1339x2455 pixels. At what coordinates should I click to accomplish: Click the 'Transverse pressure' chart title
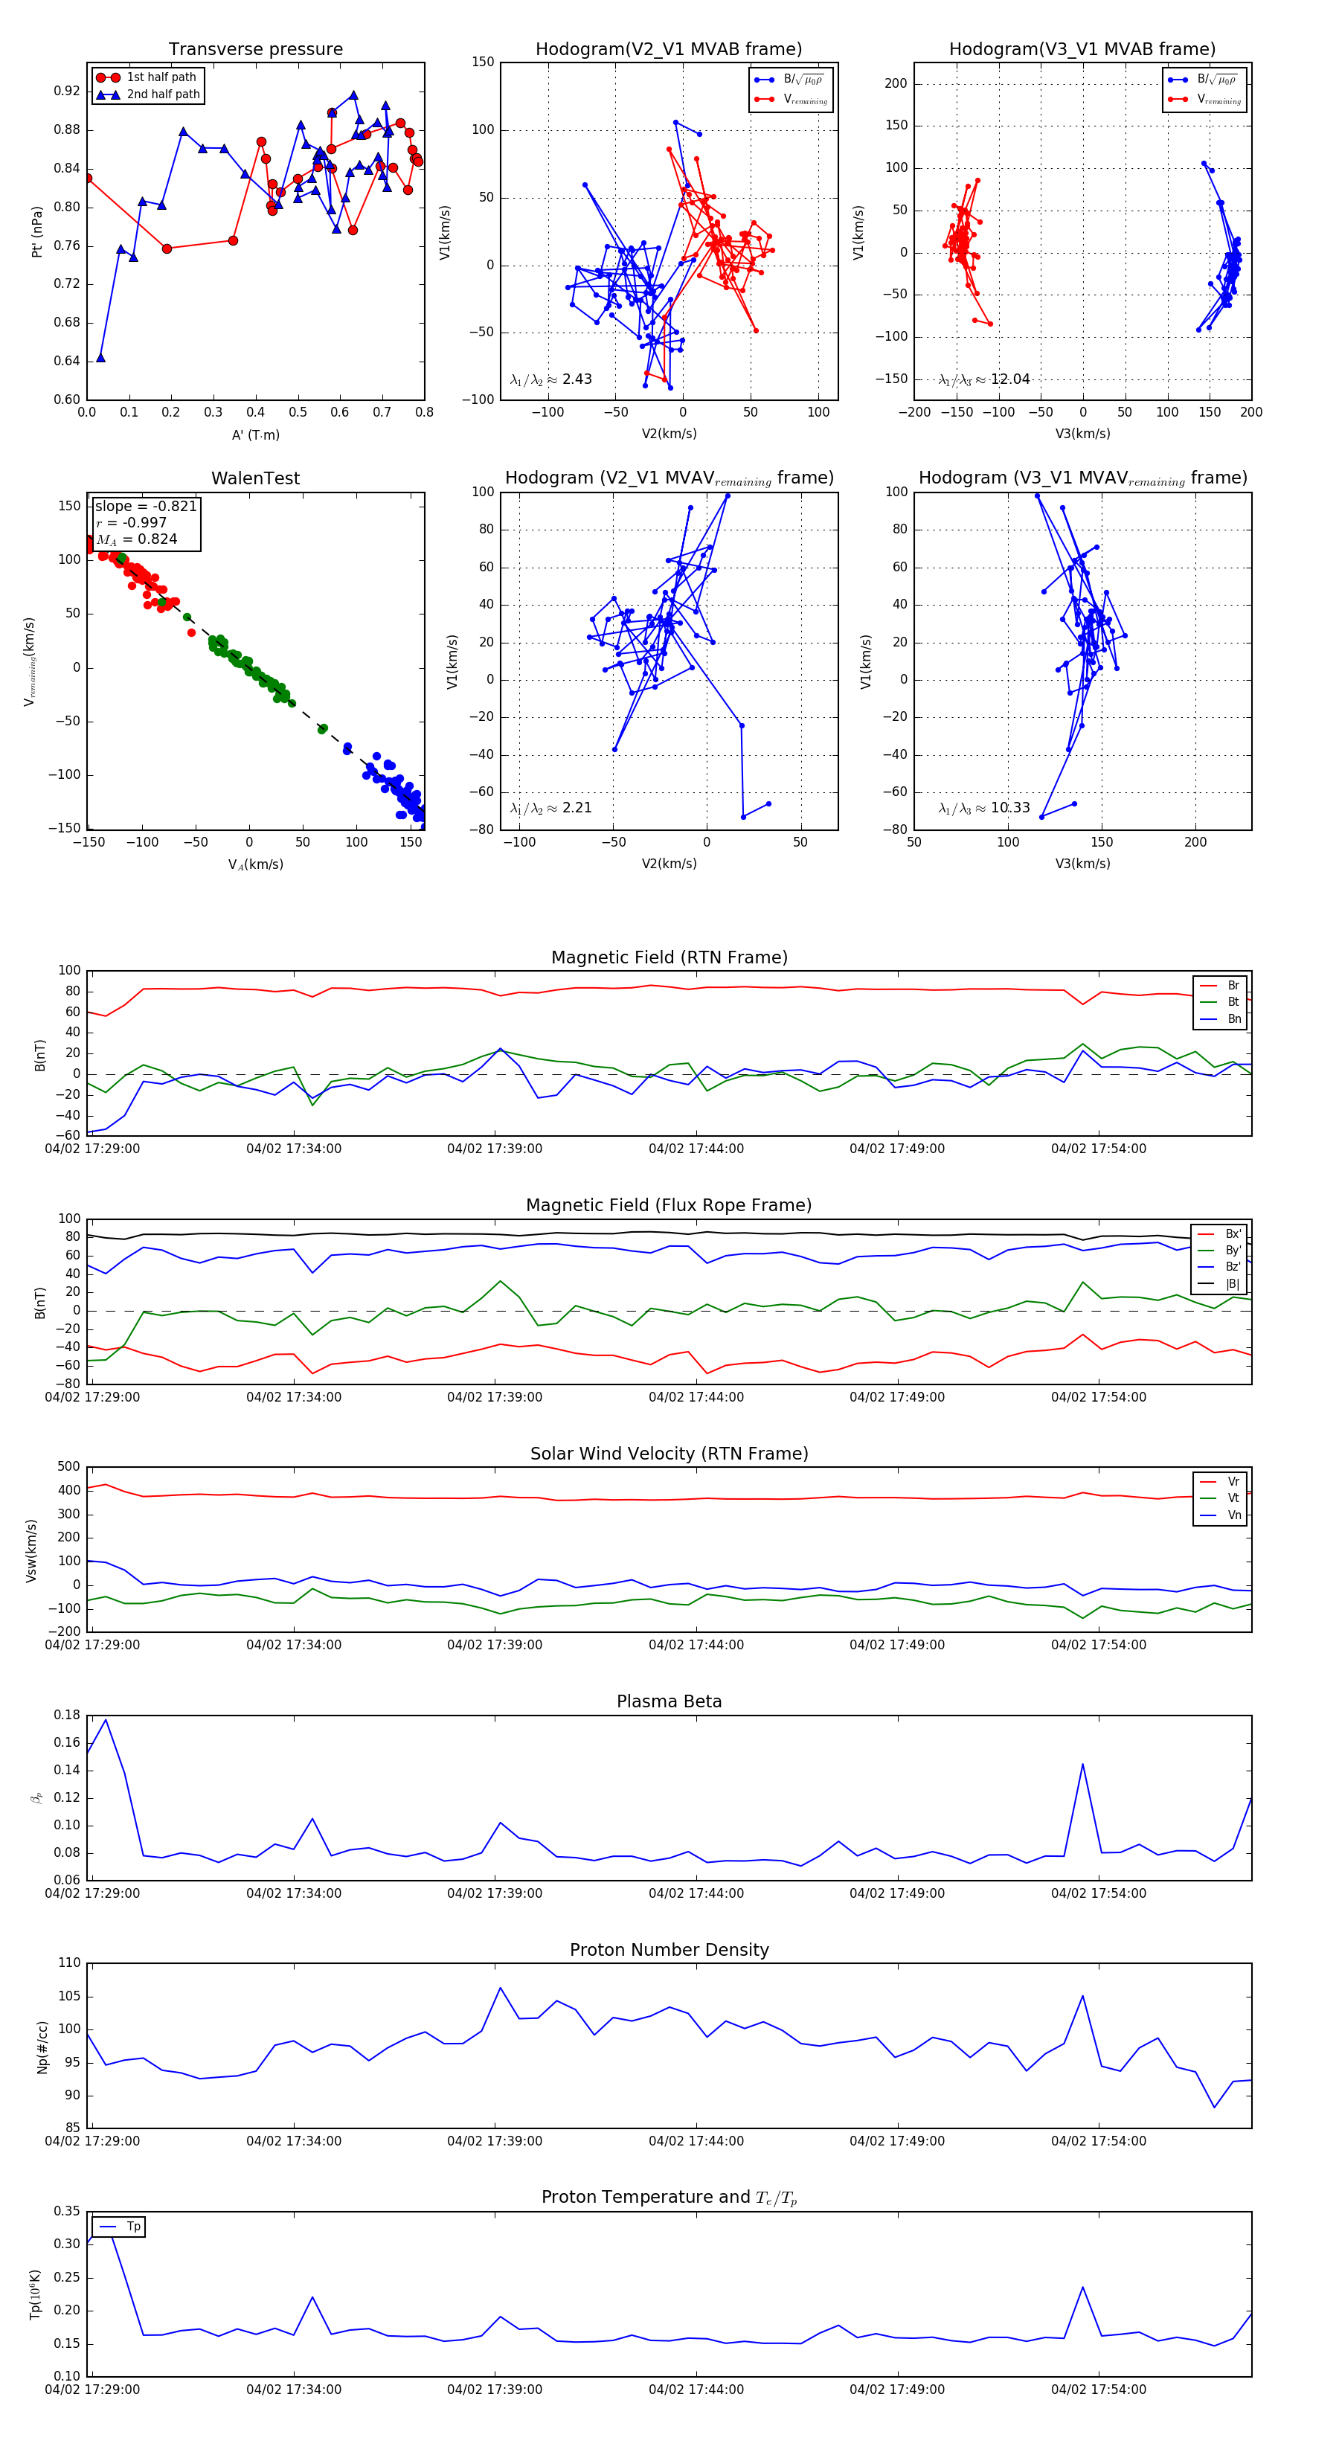pos(255,50)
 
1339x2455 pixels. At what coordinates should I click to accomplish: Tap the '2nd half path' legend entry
pos(163,94)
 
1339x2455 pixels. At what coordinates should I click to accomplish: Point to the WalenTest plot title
pos(255,478)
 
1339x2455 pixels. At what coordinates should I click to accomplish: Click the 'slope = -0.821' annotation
pos(145,506)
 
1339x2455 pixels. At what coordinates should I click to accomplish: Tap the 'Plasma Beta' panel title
pos(669,1701)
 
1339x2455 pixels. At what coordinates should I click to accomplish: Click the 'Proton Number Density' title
pos(669,1950)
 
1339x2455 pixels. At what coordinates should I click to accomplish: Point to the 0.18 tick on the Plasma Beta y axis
pos(67,1715)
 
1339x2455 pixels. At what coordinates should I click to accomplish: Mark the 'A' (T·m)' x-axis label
pos(255,434)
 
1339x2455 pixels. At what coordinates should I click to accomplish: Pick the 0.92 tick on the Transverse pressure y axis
pos(67,92)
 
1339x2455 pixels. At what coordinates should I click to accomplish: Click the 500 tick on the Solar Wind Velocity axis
pos(68,1467)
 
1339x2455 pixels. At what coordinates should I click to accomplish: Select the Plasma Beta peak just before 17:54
pos(1082,1764)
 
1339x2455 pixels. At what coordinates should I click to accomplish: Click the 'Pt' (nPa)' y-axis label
pos(37,231)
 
